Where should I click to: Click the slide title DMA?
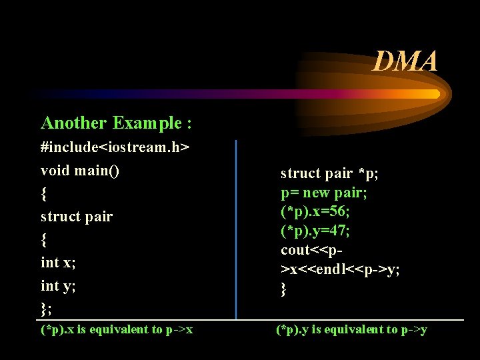[405, 61]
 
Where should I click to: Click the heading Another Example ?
[117, 123]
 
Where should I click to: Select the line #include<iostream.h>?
[115, 147]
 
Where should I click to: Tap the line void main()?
[81, 170]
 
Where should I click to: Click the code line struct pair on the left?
[77, 217]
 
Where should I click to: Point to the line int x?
[58, 263]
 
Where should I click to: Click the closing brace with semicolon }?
[46, 309]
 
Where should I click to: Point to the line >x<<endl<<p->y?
[340, 269]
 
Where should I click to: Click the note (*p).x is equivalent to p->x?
[117, 329]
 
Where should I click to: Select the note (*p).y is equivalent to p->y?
[351, 329]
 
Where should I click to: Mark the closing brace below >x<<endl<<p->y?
[283, 289]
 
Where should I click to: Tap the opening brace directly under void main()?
[44, 193]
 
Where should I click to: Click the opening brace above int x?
[44, 239]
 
